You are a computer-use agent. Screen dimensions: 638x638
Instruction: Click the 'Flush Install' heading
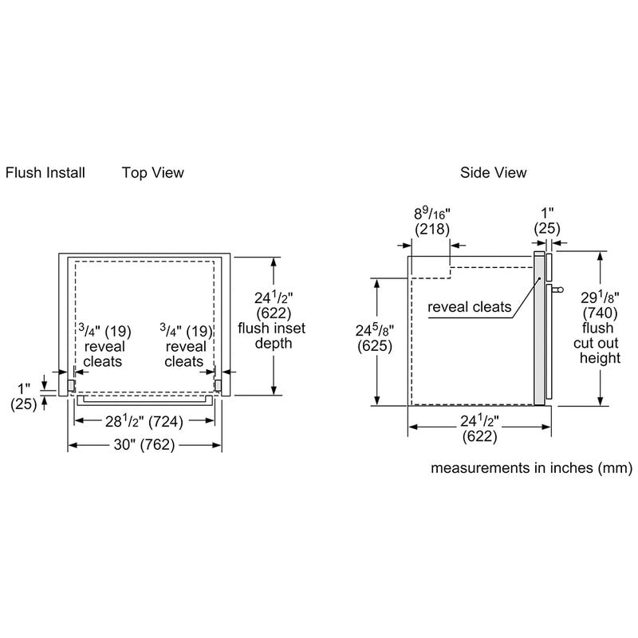(x=45, y=172)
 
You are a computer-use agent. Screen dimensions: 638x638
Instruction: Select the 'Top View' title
(x=152, y=172)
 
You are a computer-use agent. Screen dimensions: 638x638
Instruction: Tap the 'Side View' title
(x=493, y=172)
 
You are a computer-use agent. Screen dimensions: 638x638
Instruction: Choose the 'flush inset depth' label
(x=271, y=336)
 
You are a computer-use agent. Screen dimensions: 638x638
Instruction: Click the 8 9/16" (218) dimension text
(x=432, y=221)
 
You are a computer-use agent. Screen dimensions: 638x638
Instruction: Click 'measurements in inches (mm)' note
(x=531, y=468)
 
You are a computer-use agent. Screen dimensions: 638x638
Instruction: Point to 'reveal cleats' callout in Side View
(x=469, y=307)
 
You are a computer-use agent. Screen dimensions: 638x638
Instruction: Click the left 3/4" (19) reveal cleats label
(x=110, y=346)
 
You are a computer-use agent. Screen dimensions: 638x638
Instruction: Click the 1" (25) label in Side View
(x=546, y=221)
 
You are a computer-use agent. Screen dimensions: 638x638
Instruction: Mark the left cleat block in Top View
(x=72, y=384)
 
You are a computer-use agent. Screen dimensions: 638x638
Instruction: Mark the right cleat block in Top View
(x=216, y=384)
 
